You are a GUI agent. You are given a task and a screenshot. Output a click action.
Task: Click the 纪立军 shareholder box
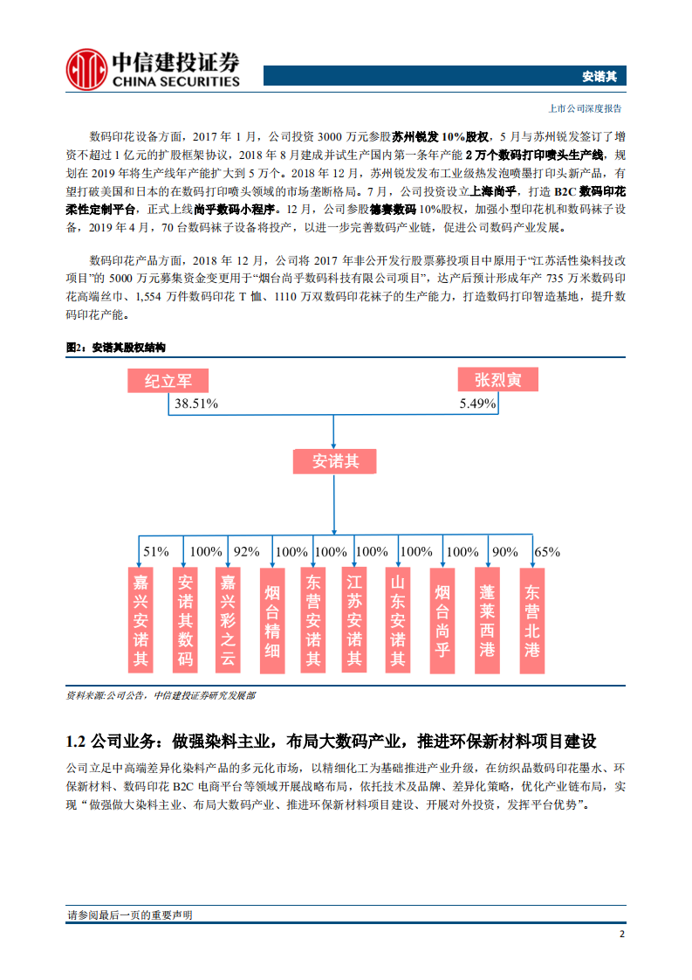(168, 381)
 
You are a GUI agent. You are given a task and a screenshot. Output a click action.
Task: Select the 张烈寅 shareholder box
(498, 380)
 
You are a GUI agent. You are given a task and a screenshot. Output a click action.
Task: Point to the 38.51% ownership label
(195, 404)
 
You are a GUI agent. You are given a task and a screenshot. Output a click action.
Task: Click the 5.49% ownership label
(477, 404)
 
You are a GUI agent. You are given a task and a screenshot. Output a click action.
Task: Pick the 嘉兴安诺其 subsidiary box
(140, 620)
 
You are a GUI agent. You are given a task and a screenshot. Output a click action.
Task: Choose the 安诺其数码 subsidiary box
(185, 620)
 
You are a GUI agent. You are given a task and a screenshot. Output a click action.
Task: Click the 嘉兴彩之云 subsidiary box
(228, 620)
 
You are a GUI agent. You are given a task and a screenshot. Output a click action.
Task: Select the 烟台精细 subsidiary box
(273, 620)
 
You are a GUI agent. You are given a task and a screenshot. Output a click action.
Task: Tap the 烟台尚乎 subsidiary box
(443, 620)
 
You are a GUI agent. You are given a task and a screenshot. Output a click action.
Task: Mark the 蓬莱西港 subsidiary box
(488, 620)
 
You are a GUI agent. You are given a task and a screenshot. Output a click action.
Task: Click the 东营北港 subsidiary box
(531, 620)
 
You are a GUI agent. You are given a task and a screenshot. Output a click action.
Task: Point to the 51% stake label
(155, 552)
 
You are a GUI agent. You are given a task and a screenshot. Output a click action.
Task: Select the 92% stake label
(247, 552)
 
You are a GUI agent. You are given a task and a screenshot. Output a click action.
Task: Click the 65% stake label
(547, 552)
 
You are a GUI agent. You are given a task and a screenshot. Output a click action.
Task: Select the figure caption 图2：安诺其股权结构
(116, 348)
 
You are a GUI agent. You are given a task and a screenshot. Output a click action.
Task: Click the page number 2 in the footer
(621, 935)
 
